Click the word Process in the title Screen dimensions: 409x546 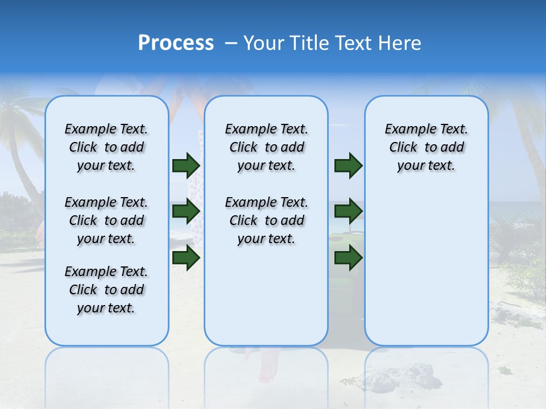[x=176, y=43]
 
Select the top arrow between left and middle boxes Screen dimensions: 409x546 [x=186, y=166]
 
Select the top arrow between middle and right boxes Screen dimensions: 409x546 [x=348, y=166]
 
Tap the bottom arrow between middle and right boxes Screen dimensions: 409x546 [x=348, y=258]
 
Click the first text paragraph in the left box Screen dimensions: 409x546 [x=106, y=147]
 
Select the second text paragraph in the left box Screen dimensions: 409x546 [x=106, y=220]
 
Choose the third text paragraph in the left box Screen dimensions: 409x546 [x=106, y=290]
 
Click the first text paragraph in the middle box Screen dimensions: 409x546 [x=266, y=147]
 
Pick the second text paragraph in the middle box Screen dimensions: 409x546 [x=266, y=220]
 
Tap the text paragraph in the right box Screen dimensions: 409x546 [x=426, y=147]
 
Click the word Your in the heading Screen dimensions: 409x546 [x=264, y=43]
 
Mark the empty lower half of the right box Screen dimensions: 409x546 [x=426, y=267]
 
